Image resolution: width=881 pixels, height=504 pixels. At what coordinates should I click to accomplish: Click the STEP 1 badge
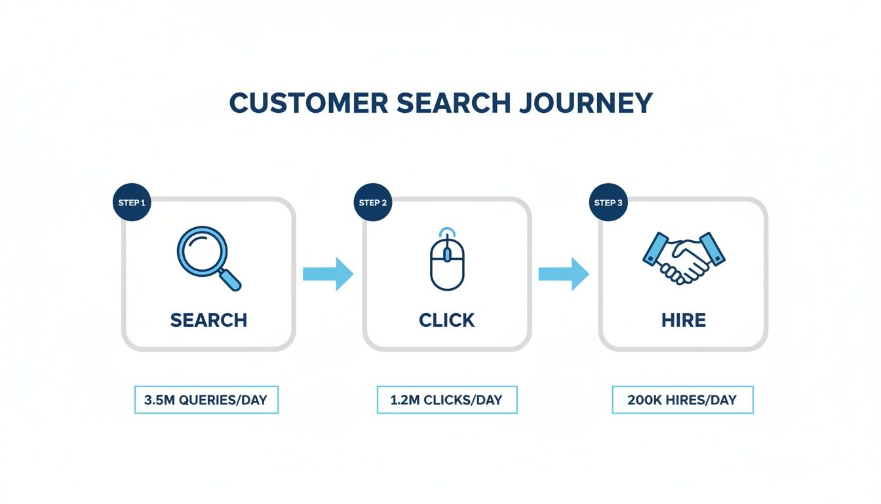coord(132,203)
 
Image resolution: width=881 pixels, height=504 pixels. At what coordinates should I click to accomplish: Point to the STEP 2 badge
coord(373,203)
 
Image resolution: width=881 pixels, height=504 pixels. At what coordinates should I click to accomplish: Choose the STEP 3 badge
coord(608,203)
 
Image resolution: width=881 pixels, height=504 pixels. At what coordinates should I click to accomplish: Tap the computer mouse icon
coord(447,261)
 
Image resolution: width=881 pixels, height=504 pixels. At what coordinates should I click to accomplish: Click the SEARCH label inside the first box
coord(208,320)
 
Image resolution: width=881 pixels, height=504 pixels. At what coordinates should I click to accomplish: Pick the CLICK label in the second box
coord(447,320)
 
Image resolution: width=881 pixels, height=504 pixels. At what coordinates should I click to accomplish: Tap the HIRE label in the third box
coord(683,320)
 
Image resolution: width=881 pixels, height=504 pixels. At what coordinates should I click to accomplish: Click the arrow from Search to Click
coord(328,274)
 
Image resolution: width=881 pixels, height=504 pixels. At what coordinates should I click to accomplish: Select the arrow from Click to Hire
coord(564,274)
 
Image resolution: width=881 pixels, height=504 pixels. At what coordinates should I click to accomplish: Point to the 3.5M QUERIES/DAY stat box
coord(206,400)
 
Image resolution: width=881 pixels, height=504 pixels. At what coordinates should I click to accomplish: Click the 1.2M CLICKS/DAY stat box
coord(447,400)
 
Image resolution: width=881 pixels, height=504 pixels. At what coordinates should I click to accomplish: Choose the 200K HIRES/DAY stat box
coord(682,400)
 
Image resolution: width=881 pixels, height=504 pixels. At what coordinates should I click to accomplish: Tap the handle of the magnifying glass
coord(230,280)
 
